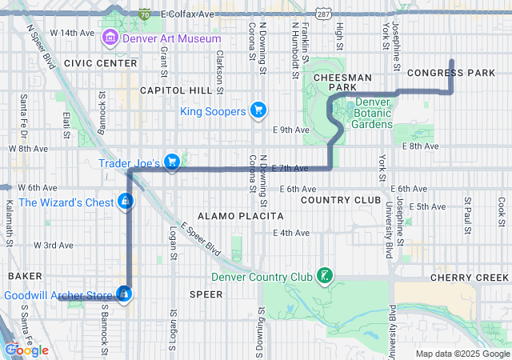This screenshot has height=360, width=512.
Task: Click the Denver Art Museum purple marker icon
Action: click(x=110, y=38)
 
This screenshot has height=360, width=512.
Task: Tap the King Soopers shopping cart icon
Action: click(x=258, y=110)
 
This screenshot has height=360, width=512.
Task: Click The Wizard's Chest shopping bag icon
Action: click(x=125, y=202)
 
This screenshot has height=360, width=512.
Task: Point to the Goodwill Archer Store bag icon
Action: click(x=124, y=294)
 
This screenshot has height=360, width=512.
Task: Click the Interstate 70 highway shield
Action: click(x=143, y=14)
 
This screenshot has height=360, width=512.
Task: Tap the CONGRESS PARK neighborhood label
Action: click(x=451, y=73)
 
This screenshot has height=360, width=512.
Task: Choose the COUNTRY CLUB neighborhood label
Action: click(x=341, y=199)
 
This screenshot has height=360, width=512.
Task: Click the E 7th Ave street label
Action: click(x=290, y=168)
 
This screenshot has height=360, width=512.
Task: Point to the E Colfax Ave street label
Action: click(x=188, y=14)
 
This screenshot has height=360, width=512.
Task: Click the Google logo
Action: click(x=26, y=350)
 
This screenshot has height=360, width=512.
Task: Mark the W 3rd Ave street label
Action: click(x=54, y=245)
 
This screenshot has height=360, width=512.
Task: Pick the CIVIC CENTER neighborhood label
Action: click(x=101, y=62)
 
